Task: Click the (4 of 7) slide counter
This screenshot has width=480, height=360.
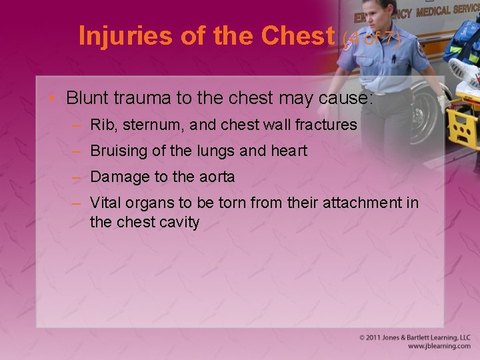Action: (372, 40)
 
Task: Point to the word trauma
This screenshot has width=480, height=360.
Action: (137, 98)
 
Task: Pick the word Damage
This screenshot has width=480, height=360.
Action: (117, 177)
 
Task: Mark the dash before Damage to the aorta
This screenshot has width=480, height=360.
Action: (78, 177)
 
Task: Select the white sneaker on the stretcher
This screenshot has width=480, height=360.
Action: (462, 71)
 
